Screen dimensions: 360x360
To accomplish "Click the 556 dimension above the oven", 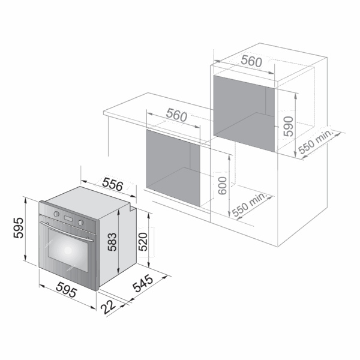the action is tap(113, 184).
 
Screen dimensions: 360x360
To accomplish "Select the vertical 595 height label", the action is tap(19, 228).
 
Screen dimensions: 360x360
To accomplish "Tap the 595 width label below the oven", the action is tap(67, 290).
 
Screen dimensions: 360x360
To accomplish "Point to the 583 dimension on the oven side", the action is tap(112, 242).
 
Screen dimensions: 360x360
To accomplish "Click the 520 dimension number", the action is tap(143, 242).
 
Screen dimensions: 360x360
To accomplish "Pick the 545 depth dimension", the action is tap(143, 283).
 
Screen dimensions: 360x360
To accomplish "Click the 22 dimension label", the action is tap(108, 307).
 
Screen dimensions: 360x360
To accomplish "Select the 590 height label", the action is tap(289, 126).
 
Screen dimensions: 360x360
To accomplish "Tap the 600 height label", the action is tap(222, 186).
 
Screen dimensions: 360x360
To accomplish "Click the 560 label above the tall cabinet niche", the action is tap(251, 61).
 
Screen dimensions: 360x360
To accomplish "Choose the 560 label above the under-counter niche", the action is tap(176, 115).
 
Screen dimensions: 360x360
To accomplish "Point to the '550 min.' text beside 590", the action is tap(316, 143).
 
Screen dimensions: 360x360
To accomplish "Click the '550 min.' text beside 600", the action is tap(250, 205).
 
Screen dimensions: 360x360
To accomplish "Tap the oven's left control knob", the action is tap(56, 214).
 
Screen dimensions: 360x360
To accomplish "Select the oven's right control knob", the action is tap(80, 222).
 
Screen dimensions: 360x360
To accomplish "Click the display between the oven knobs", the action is tap(68, 218).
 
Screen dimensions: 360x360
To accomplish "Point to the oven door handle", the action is tap(67, 231).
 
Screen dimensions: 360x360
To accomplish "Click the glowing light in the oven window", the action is tap(68, 250).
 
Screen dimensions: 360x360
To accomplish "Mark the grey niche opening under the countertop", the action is tap(173, 168).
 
